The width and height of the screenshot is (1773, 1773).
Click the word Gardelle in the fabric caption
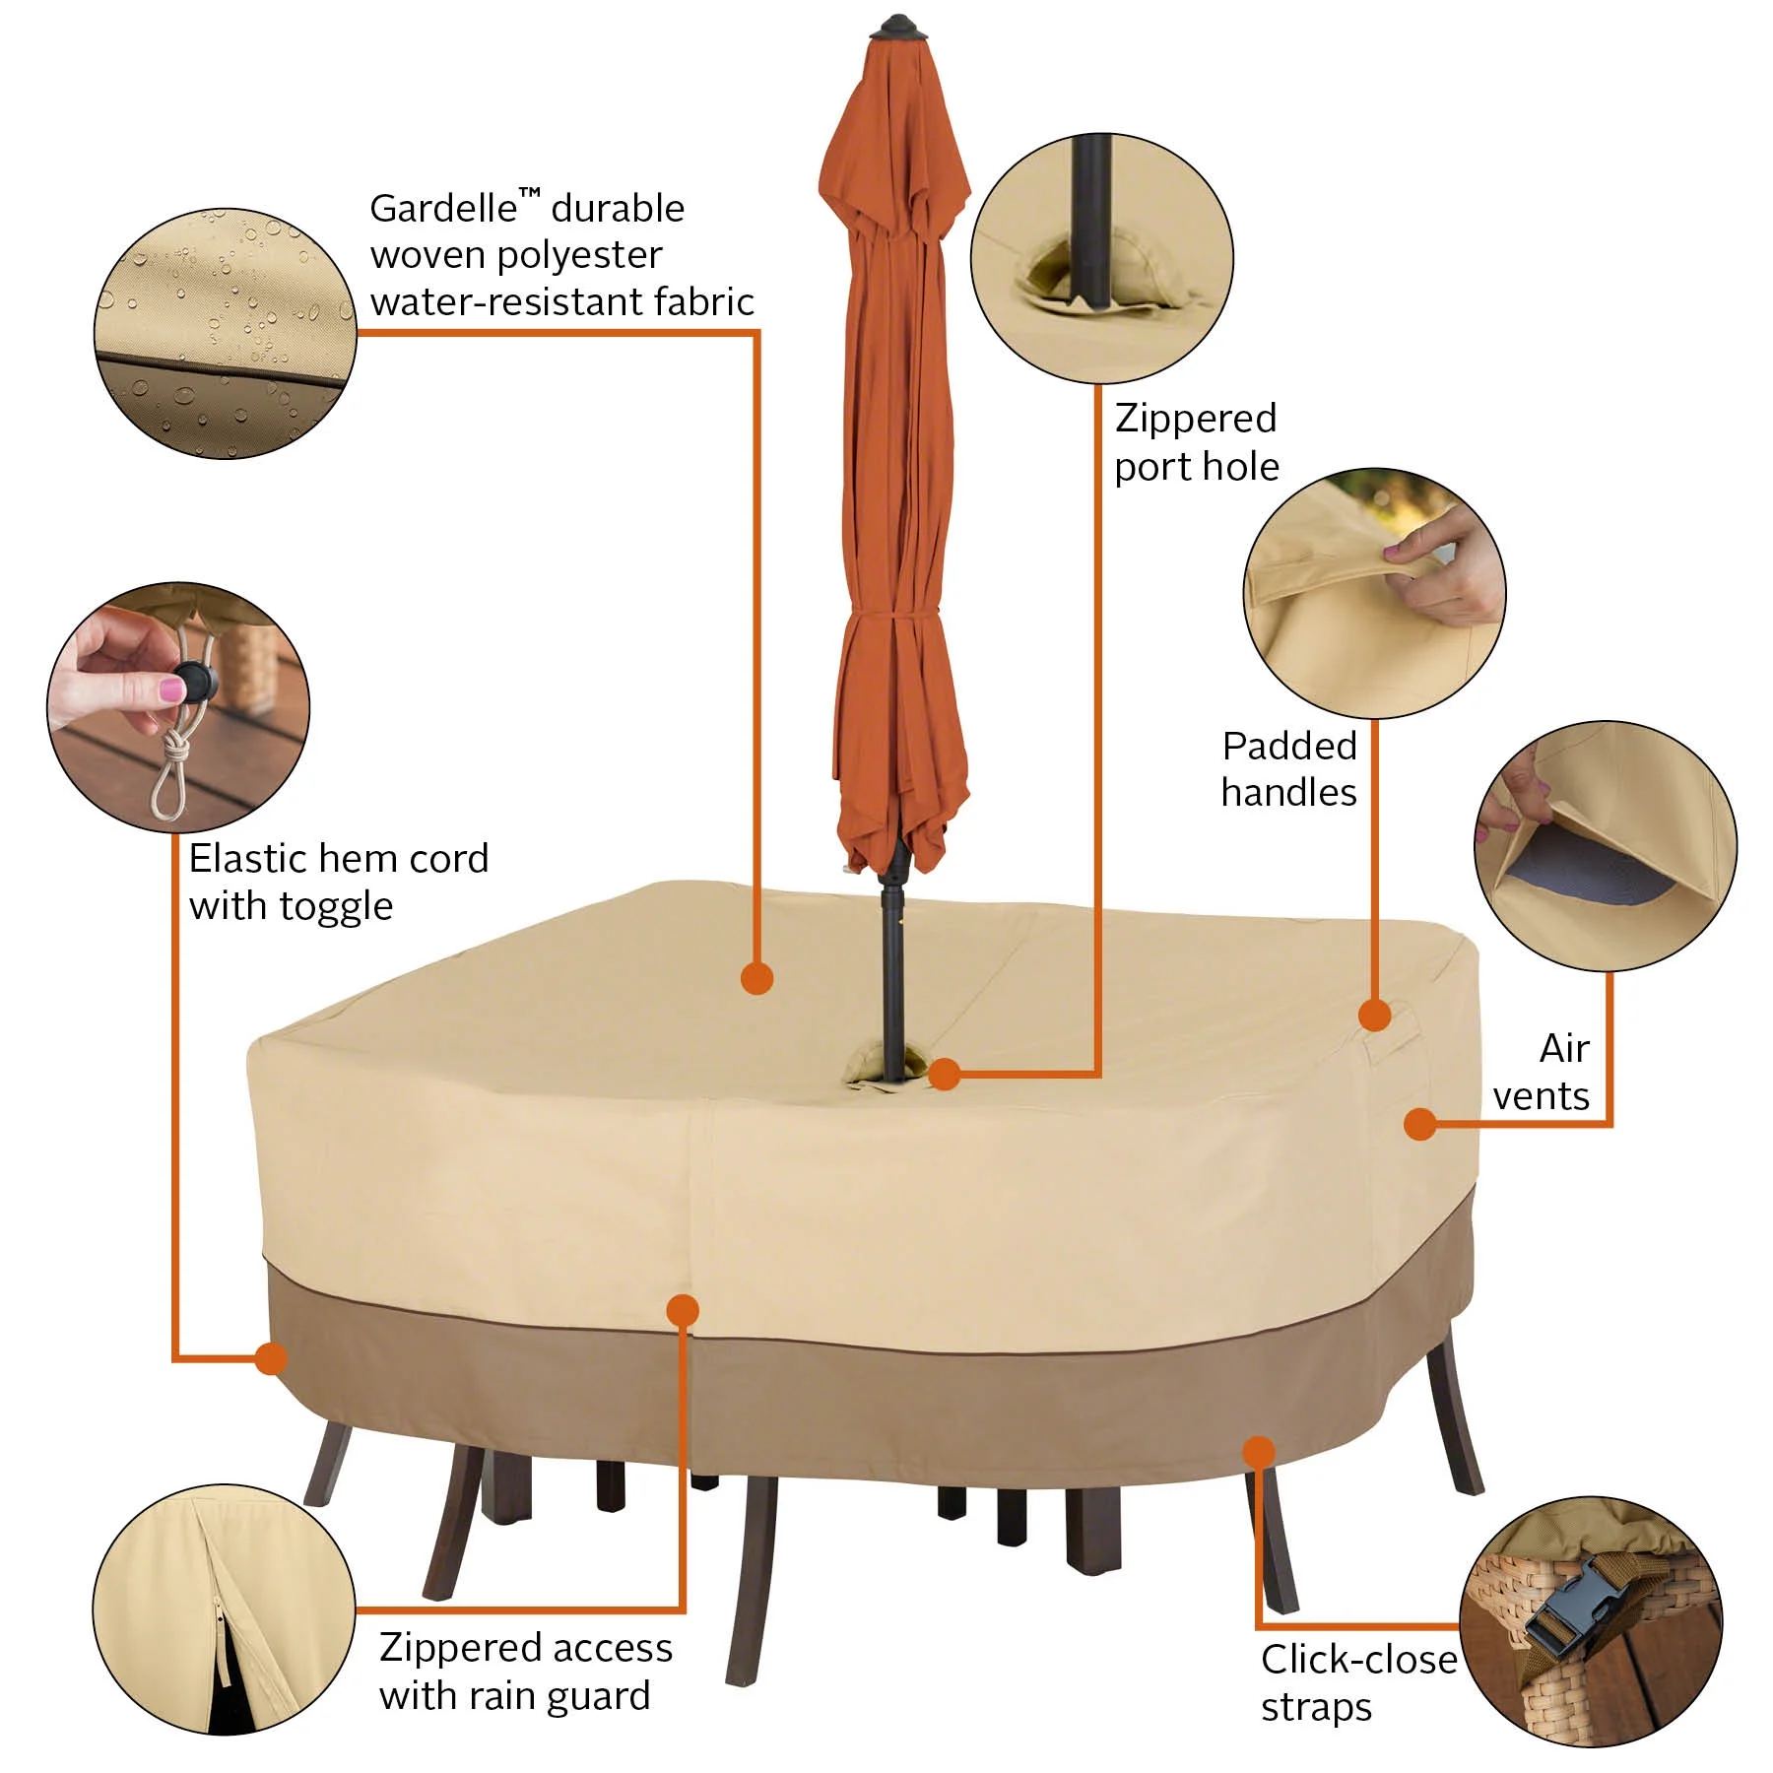[443, 208]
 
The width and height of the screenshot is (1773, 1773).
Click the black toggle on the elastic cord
[192, 682]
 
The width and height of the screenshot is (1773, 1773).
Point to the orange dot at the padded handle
[1375, 1015]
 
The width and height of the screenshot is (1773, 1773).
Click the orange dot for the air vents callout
[1419, 1124]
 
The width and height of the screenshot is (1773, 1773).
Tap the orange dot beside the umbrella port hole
[945, 1074]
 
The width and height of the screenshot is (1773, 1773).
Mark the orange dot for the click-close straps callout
[1258, 1452]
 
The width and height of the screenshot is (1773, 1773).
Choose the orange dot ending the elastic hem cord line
[271, 1358]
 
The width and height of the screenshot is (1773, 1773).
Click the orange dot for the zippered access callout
[683, 1310]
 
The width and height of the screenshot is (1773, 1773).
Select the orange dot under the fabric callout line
[756, 978]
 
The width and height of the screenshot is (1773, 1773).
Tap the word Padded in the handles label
[1289, 746]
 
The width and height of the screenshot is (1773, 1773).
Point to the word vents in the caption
[1541, 1095]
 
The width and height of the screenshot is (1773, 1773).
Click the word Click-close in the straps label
[1359, 1659]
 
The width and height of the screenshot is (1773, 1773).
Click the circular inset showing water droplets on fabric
[225, 334]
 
